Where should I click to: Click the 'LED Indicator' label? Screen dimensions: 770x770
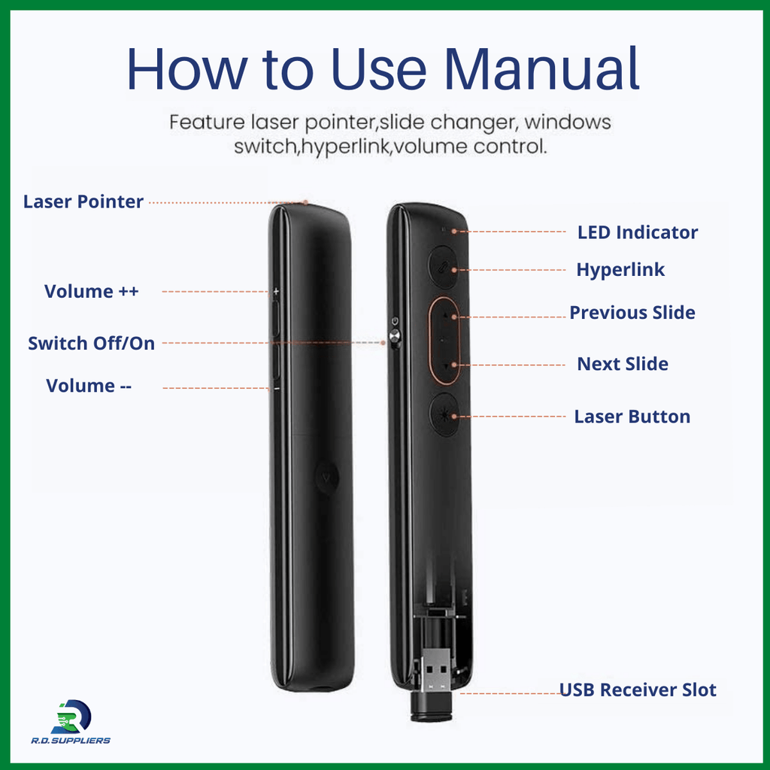coord(638,232)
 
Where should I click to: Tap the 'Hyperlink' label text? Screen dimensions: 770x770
coord(620,270)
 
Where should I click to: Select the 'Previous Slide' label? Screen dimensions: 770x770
coord(632,312)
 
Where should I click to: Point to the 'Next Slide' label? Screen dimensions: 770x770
coord(622,364)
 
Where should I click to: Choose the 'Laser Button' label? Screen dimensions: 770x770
coord(632,417)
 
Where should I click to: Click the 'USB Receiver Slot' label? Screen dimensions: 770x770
coord(638,690)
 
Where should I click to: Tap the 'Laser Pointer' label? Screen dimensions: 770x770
coord(83,202)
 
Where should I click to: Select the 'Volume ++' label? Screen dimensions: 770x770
coord(91,291)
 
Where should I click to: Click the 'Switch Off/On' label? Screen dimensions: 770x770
coord(91,343)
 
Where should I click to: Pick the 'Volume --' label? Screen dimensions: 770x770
coord(89,386)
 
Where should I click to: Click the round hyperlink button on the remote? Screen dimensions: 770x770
coord(443,267)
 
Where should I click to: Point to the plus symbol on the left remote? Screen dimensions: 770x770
coord(276,291)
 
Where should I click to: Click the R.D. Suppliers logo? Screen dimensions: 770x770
coord(71,722)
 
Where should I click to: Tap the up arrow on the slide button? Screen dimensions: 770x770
coord(446,315)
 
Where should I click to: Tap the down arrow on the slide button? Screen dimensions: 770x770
coord(445,366)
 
